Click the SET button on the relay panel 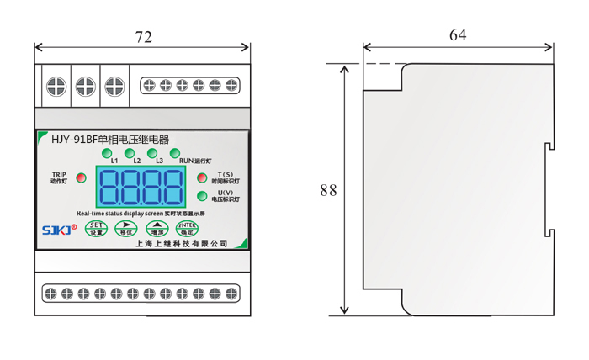(x=98, y=228)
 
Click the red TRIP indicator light (x=81, y=177)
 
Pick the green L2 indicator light (x=130, y=153)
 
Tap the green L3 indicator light (x=151, y=153)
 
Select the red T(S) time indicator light (x=202, y=177)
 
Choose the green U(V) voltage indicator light (x=202, y=197)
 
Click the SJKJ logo (x=59, y=229)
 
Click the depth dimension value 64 (x=458, y=34)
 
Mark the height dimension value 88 (x=328, y=190)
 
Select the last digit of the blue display (x=172, y=187)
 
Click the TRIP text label (x=58, y=174)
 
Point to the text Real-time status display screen (x=118, y=214)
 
